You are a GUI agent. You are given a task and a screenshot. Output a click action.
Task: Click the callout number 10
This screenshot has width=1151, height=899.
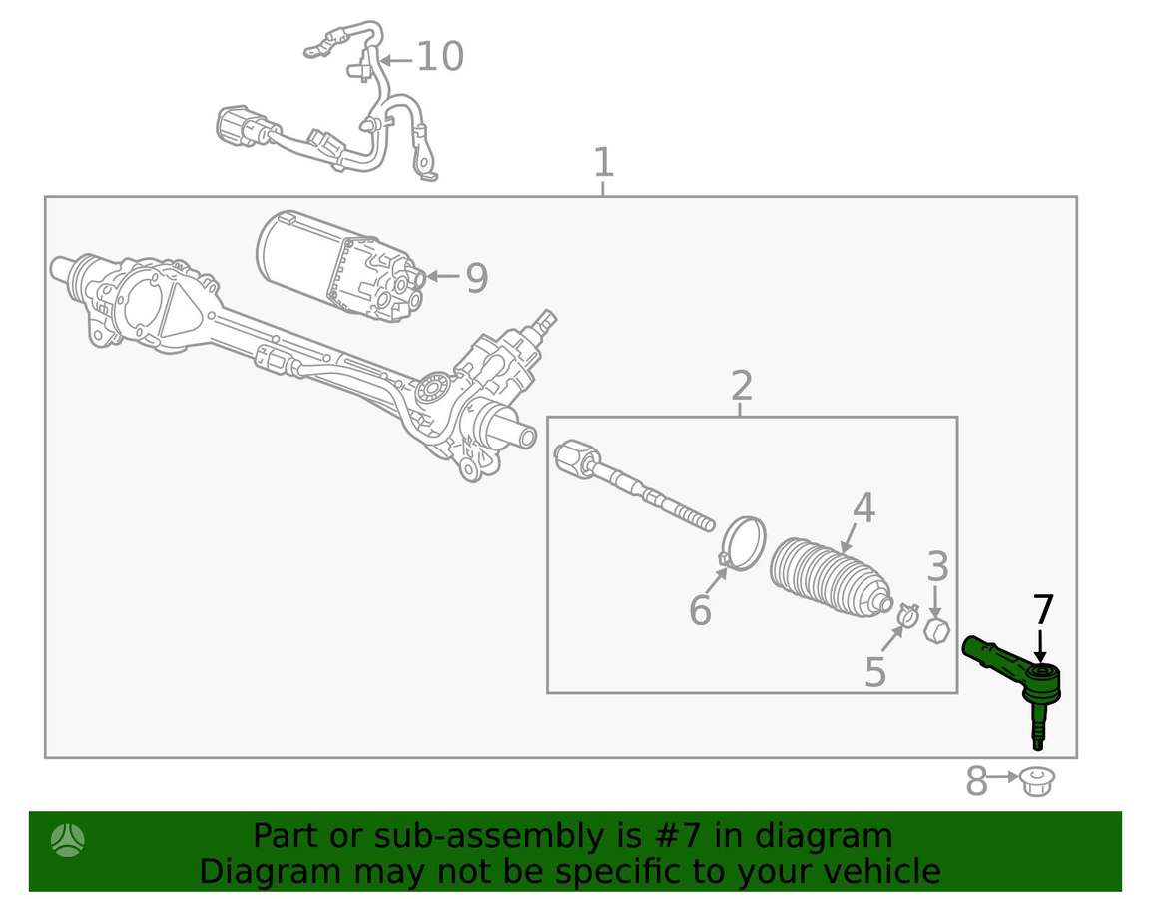click(x=439, y=57)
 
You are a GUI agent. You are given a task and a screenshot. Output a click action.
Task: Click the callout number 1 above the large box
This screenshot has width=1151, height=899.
click(x=603, y=162)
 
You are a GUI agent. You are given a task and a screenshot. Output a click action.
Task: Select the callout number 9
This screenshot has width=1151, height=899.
click(x=477, y=278)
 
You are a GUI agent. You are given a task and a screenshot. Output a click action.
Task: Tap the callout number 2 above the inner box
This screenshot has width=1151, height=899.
click(x=742, y=385)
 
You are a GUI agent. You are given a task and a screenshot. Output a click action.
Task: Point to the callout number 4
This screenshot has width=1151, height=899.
click(x=863, y=508)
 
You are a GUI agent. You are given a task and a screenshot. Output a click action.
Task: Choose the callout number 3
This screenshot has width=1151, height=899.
click(x=938, y=567)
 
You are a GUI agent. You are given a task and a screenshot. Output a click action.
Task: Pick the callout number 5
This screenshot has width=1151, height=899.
click(x=875, y=672)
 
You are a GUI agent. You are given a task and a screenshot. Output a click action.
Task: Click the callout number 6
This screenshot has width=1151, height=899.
click(x=701, y=611)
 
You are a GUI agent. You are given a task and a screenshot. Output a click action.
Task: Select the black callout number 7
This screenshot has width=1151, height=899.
click(x=1043, y=609)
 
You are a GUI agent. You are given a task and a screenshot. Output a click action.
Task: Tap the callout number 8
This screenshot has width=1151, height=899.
click(x=976, y=781)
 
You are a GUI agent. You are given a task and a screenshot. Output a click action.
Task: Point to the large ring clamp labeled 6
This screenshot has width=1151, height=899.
click(x=742, y=543)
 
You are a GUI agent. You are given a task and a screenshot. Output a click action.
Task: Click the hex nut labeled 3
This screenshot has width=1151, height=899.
click(x=936, y=631)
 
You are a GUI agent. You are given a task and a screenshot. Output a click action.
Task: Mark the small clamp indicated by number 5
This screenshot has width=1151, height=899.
click(x=907, y=614)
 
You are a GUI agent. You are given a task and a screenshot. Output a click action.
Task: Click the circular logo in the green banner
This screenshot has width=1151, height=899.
click(x=68, y=840)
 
